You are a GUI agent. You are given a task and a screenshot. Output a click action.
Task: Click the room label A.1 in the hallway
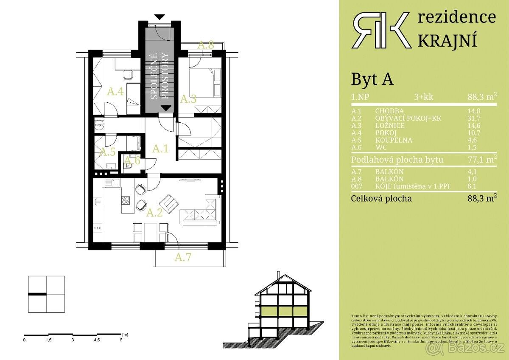[x=160, y=149]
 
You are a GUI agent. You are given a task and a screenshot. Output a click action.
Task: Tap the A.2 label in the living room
[x=154, y=213]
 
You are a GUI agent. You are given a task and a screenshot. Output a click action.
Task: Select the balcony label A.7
[x=183, y=257]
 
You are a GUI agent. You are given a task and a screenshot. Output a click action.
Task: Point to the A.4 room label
[x=115, y=91]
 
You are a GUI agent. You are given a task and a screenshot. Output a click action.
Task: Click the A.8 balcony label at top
[x=206, y=45]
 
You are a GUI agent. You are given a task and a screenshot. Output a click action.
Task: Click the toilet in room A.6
[x=129, y=167]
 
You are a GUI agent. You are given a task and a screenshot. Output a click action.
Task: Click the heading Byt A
[x=372, y=79]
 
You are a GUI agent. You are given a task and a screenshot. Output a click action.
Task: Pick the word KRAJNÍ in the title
[x=447, y=40]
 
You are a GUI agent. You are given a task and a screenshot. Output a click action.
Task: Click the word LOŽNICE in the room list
[x=390, y=126]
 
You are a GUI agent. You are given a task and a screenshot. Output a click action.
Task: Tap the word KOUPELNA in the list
[x=393, y=140]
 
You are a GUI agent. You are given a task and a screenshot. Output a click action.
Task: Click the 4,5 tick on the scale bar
[x=97, y=340]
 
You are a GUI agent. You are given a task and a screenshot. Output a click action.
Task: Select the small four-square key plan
[x=46, y=294]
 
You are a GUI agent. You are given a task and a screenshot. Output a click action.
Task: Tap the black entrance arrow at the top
[x=159, y=17]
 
